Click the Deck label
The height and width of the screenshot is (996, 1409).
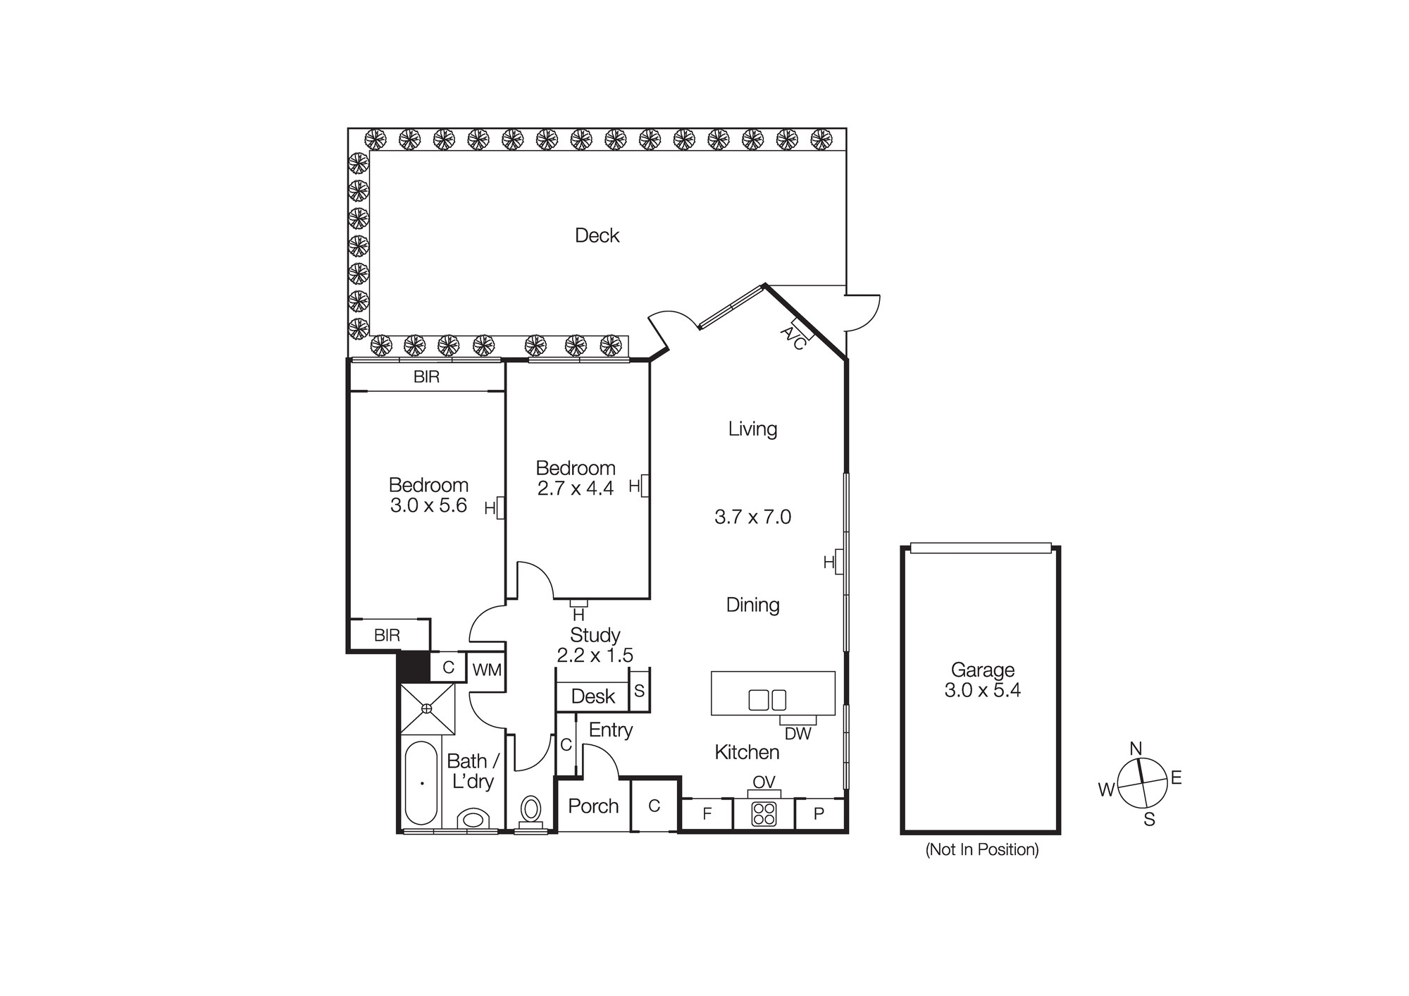click(597, 235)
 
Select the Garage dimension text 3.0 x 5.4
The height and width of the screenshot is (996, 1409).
click(982, 690)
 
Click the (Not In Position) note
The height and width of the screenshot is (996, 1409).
click(981, 849)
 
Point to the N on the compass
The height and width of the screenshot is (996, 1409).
click(1136, 749)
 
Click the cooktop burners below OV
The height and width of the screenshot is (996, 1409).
click(764, 814)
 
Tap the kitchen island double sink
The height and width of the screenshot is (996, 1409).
click(767, 700)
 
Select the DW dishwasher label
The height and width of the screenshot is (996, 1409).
click(797, 734)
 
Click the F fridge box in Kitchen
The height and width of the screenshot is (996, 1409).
click(707, 814)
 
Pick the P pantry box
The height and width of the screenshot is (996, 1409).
click(819, 814)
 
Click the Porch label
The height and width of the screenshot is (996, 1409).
click(593, 806)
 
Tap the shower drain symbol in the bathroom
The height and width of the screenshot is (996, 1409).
click(427, 708)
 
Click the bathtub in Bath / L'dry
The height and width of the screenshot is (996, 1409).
click(421, 782)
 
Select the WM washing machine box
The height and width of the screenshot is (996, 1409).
click(487, 670)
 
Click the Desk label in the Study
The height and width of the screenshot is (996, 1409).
click(592, 696)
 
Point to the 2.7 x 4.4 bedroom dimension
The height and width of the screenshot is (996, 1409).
click(576, 488)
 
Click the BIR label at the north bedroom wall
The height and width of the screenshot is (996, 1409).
click(426, 377)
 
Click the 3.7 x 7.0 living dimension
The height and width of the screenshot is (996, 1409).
click(752, 517)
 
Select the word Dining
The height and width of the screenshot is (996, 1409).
click(752, 605)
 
